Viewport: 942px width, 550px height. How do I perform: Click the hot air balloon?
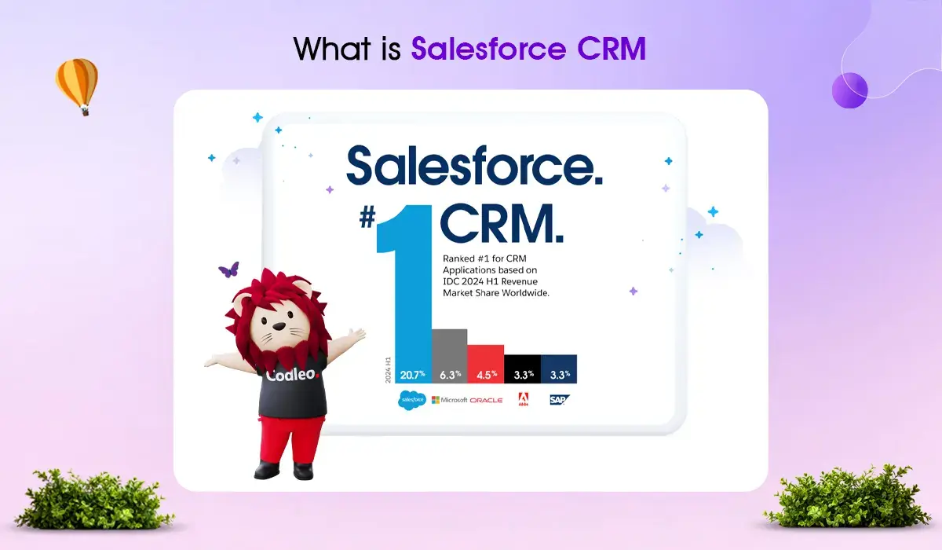pos(77,86)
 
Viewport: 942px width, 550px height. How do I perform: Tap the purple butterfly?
pos(228,269)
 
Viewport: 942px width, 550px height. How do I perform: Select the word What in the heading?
pos(332,49)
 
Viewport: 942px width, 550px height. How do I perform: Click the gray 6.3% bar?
pos(450,356)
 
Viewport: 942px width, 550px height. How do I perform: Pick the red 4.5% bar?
pos(486,364)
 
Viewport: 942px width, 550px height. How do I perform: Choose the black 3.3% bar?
pos(522,369)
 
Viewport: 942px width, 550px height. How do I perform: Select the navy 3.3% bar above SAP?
pos(559,369)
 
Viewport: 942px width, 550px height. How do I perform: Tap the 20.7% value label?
pos(413,375)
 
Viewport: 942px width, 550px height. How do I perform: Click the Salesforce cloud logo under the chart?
pos(412,400)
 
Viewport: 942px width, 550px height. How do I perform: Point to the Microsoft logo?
pos(450,400)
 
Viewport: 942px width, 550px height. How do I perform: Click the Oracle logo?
pos(486,400)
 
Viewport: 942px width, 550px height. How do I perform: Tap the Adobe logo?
pos(523,399)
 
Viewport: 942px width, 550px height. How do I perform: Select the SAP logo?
pos(559,399)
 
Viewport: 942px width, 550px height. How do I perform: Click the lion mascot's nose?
pos(279,326)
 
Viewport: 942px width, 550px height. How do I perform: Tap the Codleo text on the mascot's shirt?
pos(293,375)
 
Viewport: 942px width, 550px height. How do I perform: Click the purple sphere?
pos(849,90)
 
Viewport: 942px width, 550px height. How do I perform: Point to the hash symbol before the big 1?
pos(367,218)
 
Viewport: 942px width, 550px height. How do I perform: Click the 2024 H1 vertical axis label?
pos(388,370)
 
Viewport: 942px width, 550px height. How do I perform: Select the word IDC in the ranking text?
pos(451,281)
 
